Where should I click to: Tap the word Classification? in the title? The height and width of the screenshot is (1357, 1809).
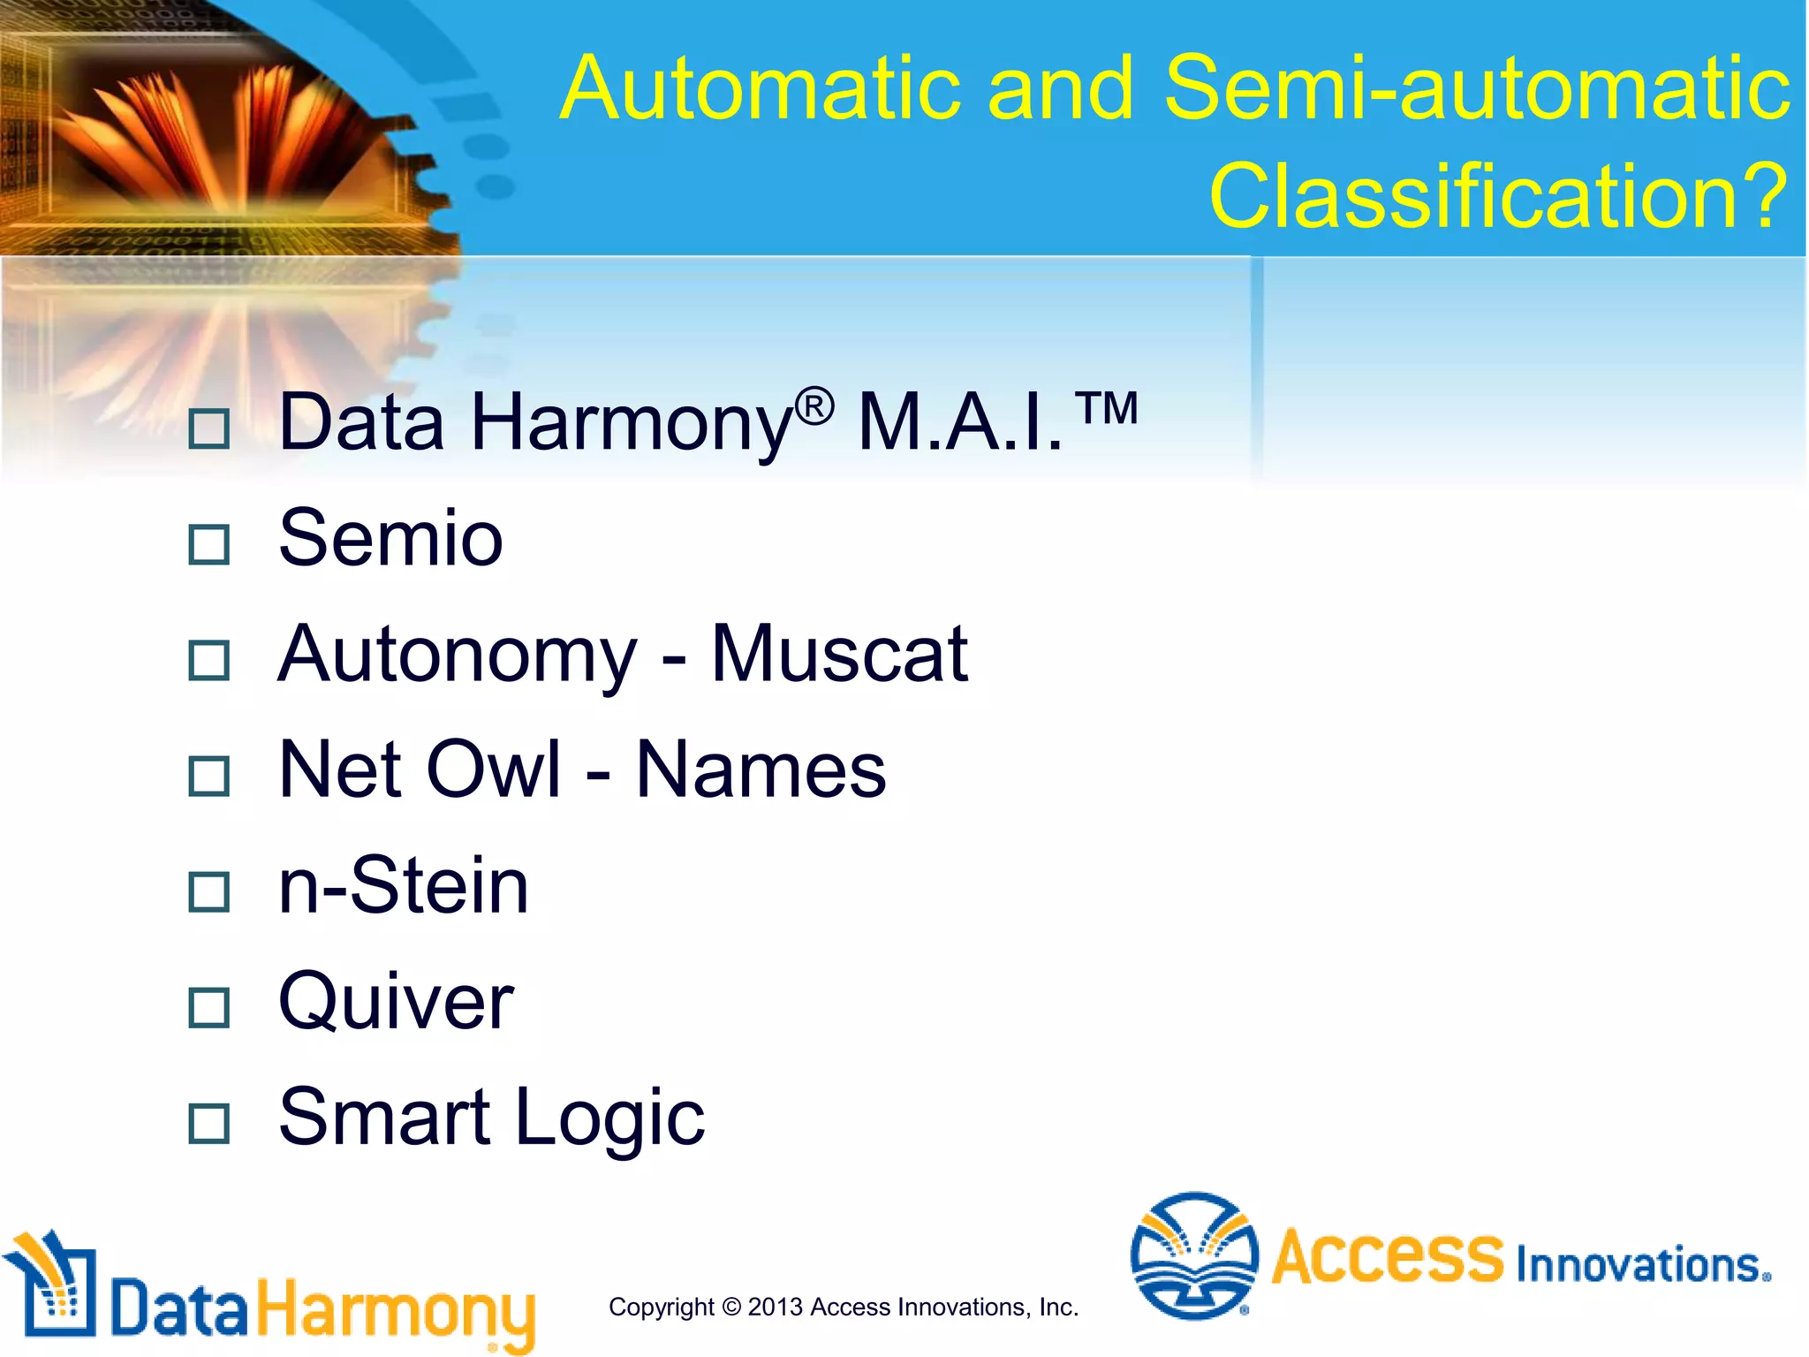coord(1498,196)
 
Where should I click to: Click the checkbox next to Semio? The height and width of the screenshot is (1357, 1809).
coord(209,544)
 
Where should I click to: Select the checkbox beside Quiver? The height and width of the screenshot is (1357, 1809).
coord(209,1007)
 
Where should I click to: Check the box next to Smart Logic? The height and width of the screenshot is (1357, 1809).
coord(209,1123)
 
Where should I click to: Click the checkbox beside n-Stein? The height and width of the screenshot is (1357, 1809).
coord(209,891)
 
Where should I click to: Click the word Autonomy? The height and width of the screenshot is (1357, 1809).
coord(457,656)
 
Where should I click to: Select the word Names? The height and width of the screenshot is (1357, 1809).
coord(761,769)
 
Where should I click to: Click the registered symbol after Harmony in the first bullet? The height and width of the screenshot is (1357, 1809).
coord(814,406)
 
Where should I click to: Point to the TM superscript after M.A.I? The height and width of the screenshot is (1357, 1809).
coord(1107,408)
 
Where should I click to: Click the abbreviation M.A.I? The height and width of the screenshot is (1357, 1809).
coord(960,424)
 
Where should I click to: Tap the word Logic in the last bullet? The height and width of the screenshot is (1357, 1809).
coord(609,1118)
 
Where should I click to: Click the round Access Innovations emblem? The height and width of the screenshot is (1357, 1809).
coord(1194,1255)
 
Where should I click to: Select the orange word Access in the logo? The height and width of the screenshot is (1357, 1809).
coord(1387,1256)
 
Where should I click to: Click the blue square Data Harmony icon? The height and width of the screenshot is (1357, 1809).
coord(56,1289)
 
